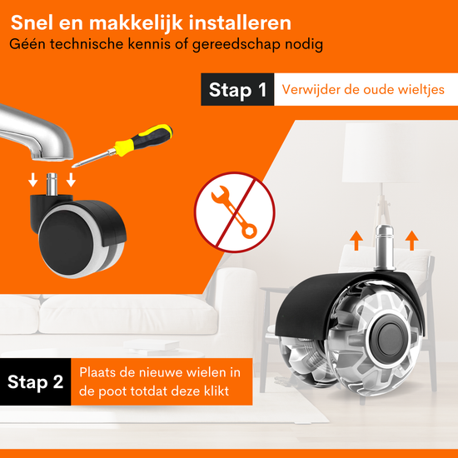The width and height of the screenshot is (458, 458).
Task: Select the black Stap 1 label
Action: pos(237,89)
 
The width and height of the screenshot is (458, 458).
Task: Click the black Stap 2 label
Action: pos(35,381)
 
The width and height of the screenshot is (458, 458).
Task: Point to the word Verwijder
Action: pos(311,89)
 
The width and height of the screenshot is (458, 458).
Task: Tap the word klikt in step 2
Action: pos(217,391)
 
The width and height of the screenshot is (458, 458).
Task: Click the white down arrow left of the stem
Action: pos(33,180)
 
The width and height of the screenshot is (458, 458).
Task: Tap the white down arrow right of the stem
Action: pos(71,180)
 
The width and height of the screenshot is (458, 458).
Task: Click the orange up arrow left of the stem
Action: pos(356,241)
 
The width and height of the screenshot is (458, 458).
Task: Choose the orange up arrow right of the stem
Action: pos(411,241)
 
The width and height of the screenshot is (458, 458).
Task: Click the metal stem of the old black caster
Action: pos(52,185)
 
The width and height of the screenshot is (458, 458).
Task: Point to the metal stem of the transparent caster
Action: pos(385,247)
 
